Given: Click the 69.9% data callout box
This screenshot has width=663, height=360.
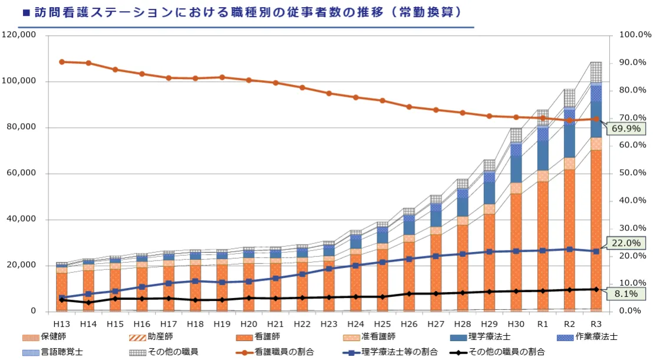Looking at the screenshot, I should (x=628, y=129).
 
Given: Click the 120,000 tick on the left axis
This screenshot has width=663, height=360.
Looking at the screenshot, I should (x=19, y=35).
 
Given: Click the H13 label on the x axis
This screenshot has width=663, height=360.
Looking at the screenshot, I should (x=62, y=324).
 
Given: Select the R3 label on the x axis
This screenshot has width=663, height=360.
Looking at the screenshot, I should (x=596, y=324).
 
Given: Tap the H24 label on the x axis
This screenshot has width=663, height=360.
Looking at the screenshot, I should (x=355, y=324).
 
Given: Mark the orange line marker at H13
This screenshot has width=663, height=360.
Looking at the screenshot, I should (x=62, y=62).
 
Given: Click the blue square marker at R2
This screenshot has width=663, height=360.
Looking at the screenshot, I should (x=569, y=249).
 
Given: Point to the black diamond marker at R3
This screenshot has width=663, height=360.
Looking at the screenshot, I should (x=596, y=289).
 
